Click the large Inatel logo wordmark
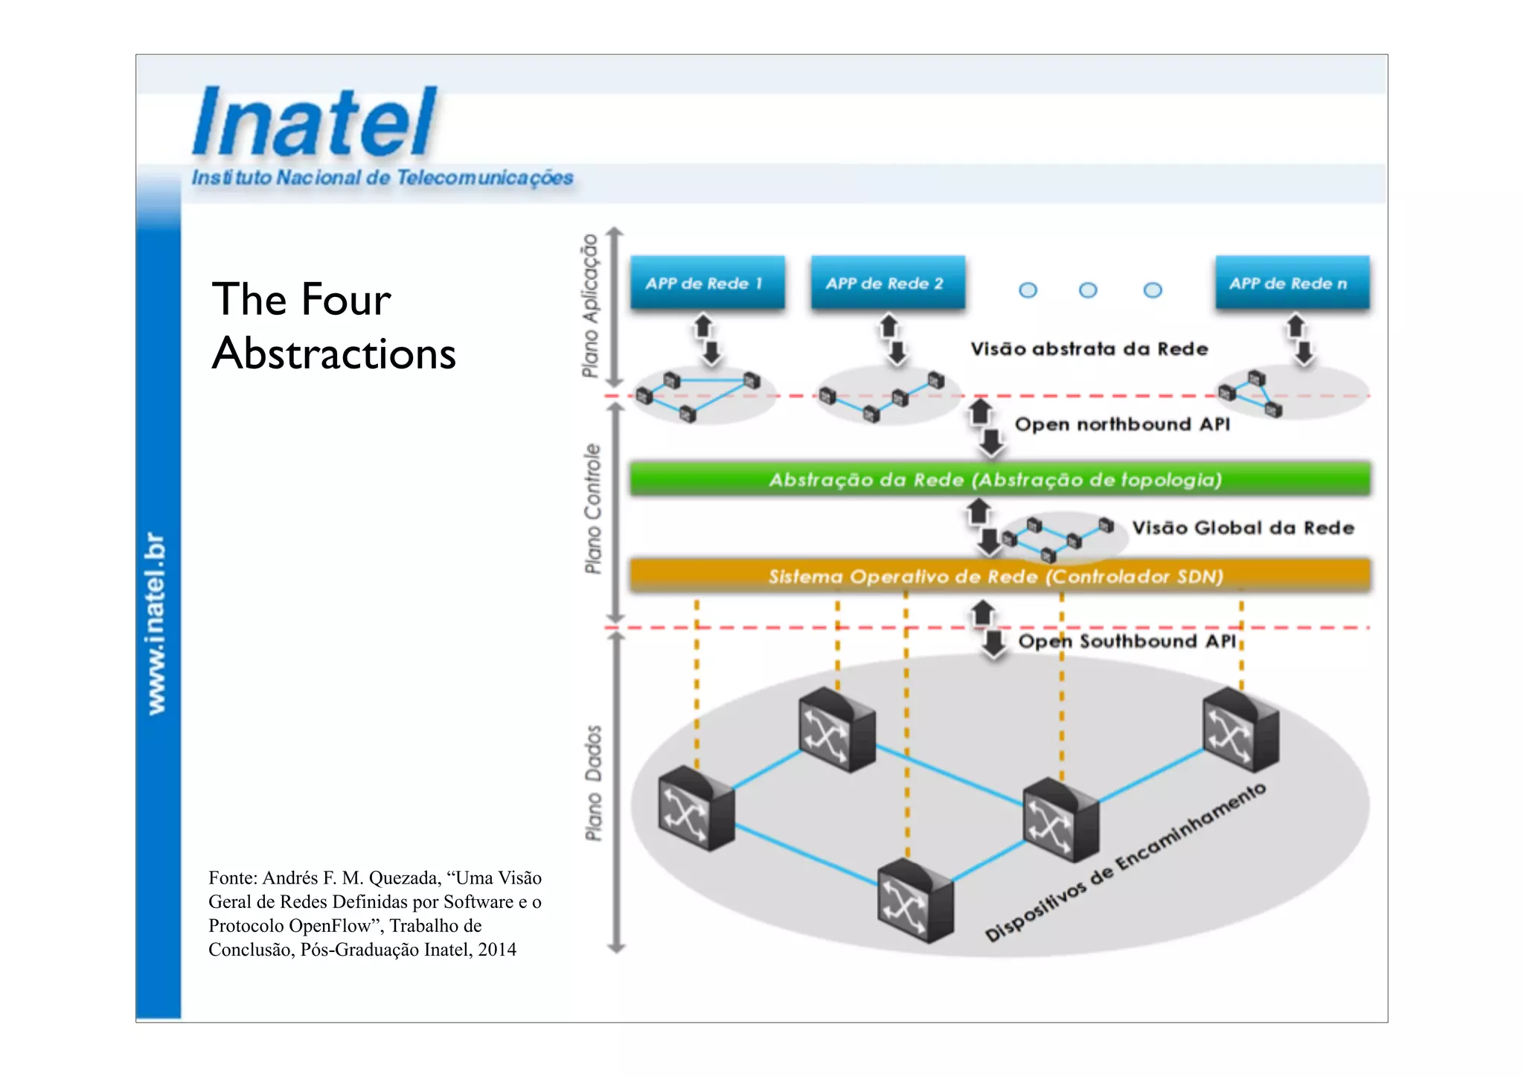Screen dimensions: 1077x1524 (314, 122)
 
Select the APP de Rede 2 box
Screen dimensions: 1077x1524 (887, 283)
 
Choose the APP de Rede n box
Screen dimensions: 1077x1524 (1292, 283)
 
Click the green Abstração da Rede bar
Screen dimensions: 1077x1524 (999, 479)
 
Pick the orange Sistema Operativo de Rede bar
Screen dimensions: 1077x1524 (999, 576)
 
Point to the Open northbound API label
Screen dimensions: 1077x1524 (1122, 424)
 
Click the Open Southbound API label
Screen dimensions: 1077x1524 (1127, 641)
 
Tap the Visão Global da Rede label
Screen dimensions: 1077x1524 (1242, 528)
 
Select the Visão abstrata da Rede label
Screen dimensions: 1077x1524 (1089, 349)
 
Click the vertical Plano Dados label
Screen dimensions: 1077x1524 (593, 783)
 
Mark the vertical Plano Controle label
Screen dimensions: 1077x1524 (592, 509)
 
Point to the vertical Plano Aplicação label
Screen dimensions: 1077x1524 (590, 305)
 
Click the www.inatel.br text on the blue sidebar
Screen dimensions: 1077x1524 (156, 624)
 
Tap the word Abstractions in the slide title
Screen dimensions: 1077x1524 (333, 353)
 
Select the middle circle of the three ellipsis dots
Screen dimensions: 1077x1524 (1088, 290)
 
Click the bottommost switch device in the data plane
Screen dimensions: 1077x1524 (915, 901)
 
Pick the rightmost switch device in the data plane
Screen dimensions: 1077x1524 (1240, 729)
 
